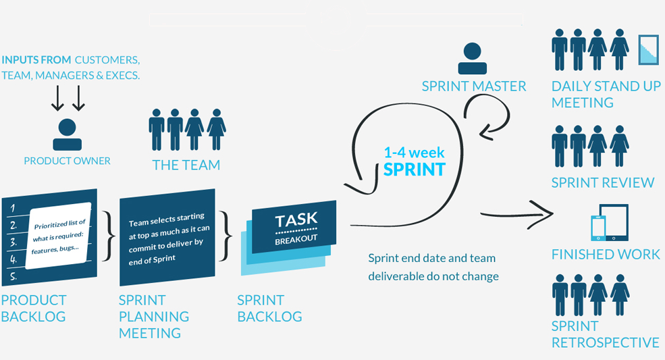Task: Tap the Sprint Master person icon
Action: (473, 59)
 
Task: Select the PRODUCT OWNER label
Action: (67, 161)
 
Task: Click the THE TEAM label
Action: (186, 165)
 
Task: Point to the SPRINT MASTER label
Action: (474, 86)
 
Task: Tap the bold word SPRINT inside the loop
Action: (415, 169)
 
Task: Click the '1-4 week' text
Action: (414, 153)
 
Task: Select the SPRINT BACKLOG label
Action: (270, 308)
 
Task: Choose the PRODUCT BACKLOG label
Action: (34, 308)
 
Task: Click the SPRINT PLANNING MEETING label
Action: (154, 316)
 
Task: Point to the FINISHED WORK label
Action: (606, 255)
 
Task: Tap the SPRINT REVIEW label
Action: (603, 182)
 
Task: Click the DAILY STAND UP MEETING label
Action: (606, 95)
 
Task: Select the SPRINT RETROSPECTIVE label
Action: (605, 334)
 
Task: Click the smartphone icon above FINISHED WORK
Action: (598, 227)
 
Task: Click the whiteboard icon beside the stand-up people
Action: (648, 50)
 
